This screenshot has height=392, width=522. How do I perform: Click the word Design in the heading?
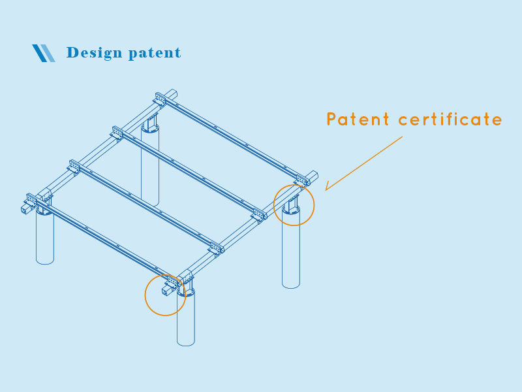pos(93,53)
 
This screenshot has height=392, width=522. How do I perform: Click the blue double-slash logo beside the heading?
pos(43,53)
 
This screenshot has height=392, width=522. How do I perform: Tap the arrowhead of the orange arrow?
pos(328,189)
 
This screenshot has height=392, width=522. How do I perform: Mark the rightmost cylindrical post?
pos(291,252)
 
